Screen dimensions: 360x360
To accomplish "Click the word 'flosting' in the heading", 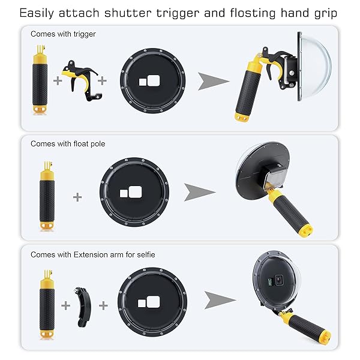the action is pos(253,13).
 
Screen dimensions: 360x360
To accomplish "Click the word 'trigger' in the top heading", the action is pos(178,14).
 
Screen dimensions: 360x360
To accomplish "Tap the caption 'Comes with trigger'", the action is pos(63,34).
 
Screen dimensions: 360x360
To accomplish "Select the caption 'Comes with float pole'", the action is pos(68,144).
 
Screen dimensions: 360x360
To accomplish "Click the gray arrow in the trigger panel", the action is pos(213,81).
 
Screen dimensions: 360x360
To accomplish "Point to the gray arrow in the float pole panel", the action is pos(199,193).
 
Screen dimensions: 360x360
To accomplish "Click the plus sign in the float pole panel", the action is pos(77,197).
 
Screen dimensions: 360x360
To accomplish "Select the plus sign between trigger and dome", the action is pos(102,80).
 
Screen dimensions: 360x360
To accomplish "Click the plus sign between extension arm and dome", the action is pos(103,305).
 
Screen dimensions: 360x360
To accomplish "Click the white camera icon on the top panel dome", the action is pos(149,81).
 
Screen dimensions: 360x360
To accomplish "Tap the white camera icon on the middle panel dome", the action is pos(131,192).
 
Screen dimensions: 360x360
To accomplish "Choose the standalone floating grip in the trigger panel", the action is pos(40,80).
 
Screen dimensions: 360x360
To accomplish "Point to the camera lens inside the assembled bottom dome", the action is pos(279,280).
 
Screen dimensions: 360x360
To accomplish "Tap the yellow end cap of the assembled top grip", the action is pos(242,118).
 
